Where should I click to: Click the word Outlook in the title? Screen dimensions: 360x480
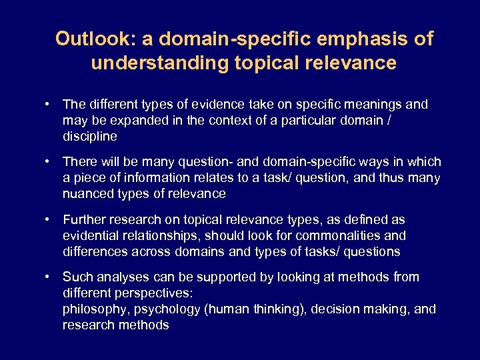click(x=87, y=39)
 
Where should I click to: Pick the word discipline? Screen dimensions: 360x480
click(x=89, y=137)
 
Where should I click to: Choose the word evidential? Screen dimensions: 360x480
click(x=92, y=235)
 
